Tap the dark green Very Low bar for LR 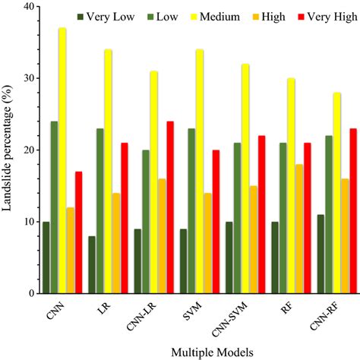(x=92, y=264)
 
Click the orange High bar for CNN (x=71, y=250)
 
